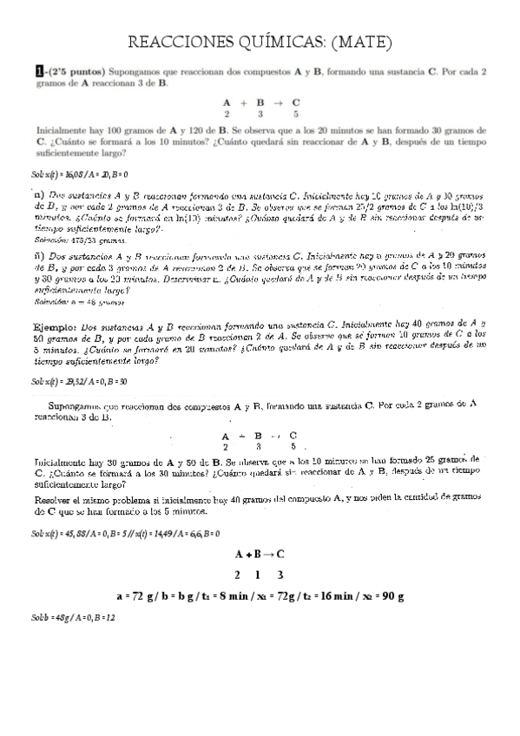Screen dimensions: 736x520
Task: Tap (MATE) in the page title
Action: tap(362, 42)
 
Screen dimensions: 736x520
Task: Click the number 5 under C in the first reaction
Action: tap(295, 113)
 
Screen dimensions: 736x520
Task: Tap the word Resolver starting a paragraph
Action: tap(56, 502)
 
